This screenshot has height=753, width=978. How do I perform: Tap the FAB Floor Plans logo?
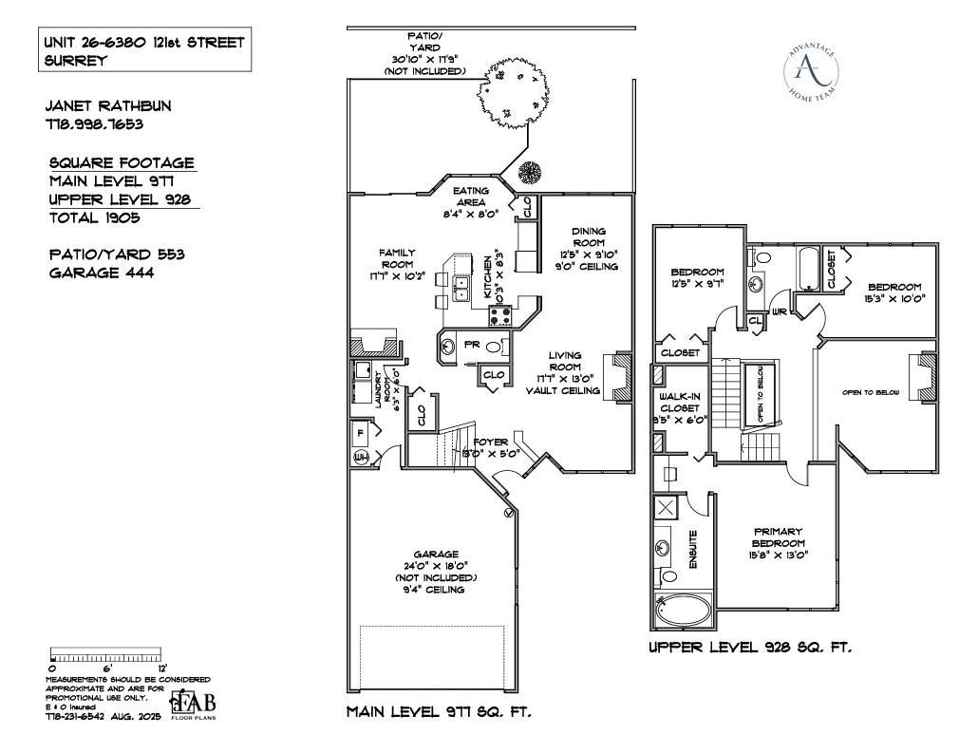point(194,704)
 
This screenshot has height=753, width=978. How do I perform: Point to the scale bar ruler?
point(107,656)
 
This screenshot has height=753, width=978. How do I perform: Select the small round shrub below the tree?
point(530,173)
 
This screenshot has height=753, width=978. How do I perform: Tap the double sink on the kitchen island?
point(461,288)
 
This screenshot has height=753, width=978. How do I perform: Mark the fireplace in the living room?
point(621,376)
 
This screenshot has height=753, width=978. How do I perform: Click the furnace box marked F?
point(362,432)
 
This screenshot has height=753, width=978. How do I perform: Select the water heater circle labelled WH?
point(361,458)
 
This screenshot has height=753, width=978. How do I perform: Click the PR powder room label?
point(471,346)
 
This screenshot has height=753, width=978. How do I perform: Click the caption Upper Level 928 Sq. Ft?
point(750,648)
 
